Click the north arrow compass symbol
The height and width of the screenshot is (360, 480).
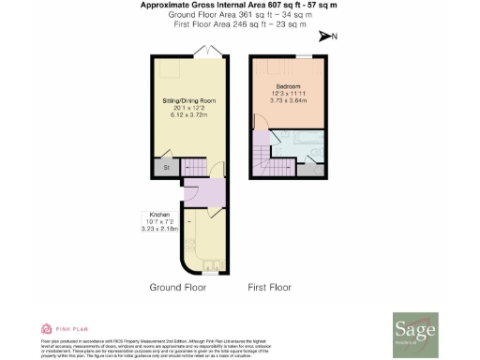pyautogui.click(x=326, y=37)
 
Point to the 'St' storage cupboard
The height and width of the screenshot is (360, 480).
pyautogui.click(x=165, y=169)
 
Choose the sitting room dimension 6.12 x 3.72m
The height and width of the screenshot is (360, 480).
pyautogui.click(x=189, y=114)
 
